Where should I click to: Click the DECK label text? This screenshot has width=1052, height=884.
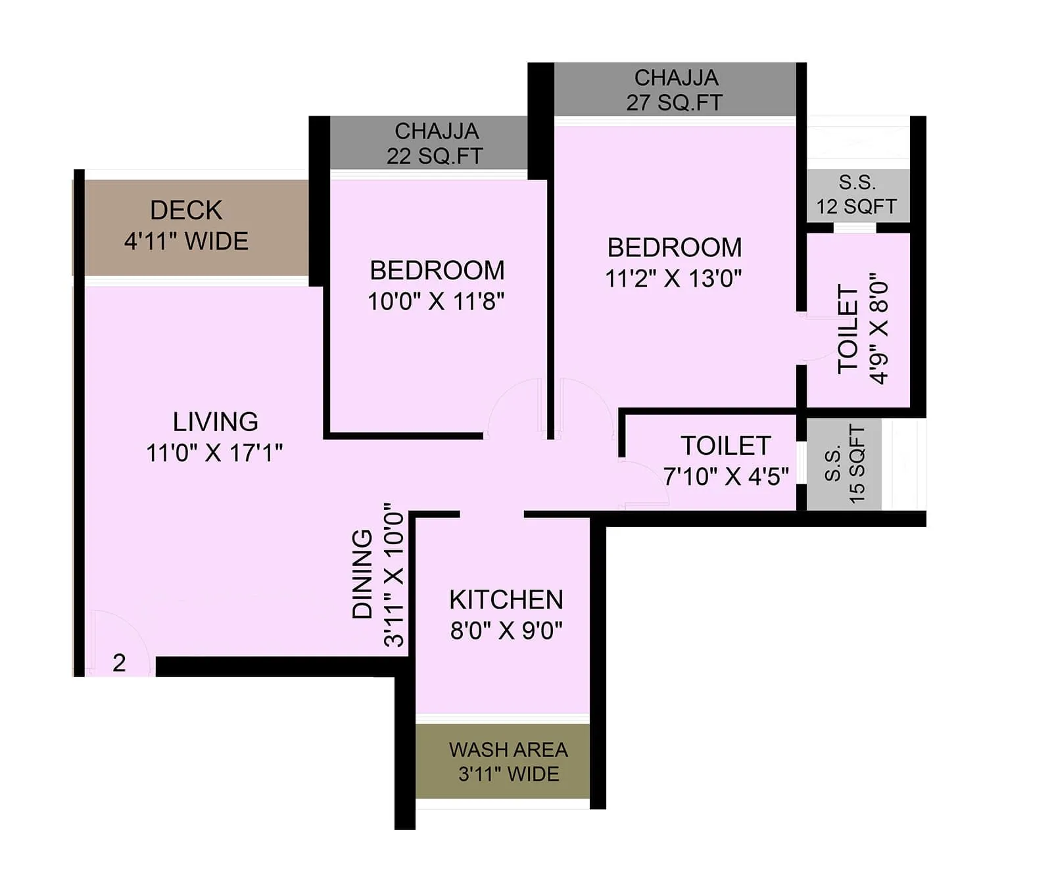tap(186, 210)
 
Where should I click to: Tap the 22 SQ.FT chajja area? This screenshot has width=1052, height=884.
tap(435, 143)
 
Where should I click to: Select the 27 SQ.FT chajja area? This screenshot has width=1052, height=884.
tap(675, 90)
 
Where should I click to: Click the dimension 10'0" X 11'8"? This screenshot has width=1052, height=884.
tap(435, 302)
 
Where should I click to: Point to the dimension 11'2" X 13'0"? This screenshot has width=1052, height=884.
tap(673, 279)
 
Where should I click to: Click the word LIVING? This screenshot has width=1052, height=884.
tap(215, 421)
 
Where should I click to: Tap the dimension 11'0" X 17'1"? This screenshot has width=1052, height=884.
tap(214, 453)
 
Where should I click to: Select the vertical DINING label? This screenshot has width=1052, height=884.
tap(362, 574)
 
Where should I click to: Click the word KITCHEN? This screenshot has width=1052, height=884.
tap(506, 599)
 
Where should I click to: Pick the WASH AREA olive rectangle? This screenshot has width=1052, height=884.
tap(503, 762)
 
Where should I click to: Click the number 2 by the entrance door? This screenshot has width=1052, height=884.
tap(119, 663)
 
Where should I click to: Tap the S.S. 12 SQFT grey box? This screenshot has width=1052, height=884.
tap(857, 195)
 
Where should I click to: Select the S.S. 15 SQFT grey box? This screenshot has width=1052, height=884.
tap(844, 464)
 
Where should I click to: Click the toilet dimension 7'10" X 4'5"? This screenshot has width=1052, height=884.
tap(726, 477)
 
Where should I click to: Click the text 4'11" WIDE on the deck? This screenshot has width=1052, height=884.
tap(186, 241)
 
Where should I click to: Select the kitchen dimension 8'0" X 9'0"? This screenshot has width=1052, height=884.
tap(506, 631)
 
